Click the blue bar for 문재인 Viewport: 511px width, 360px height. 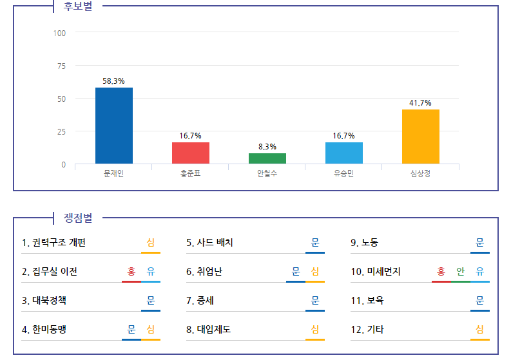coord(114,126)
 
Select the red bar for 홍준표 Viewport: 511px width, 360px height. coord(191,153)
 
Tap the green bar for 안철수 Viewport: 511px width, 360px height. coord(267,158)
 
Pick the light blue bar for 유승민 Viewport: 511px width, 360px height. coord(344,153)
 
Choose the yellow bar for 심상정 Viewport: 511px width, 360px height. coord(421,137)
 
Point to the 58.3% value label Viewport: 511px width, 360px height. coord(114,81)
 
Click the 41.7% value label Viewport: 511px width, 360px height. coord(421,103)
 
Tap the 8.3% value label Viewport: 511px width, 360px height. coord(267,147)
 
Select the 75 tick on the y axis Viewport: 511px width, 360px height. coord(61,66)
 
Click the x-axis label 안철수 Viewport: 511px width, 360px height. coord(267,174)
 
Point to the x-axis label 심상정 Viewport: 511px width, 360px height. coord(421,174)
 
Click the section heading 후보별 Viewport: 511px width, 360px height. coord(78,8)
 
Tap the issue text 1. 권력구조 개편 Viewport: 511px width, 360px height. coord(53,243)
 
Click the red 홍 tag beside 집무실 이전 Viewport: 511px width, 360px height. coord(131,272)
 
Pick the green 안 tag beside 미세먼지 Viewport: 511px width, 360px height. coord(461,272)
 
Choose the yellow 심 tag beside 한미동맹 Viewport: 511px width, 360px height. coord(151,330)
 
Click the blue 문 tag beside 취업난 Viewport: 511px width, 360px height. coord(296,272)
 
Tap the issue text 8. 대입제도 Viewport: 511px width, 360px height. coord(209,330)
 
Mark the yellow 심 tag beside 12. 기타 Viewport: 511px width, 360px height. coord(480,330)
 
